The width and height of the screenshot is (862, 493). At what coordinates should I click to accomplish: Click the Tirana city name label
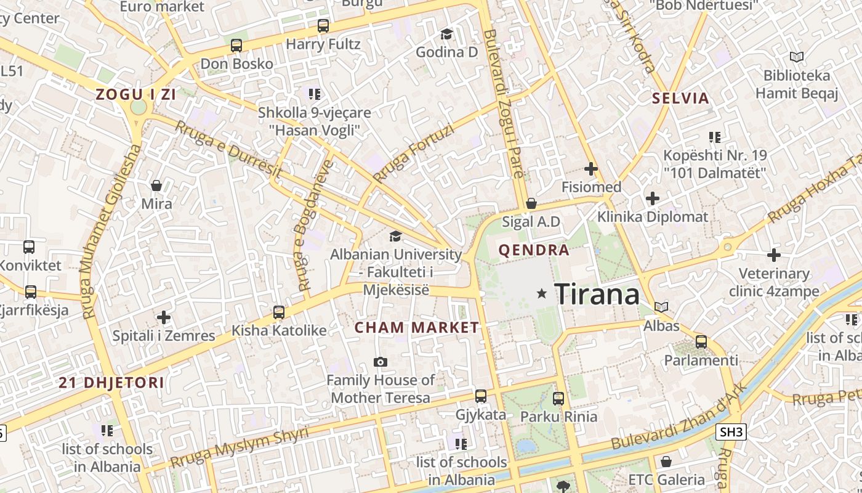click(597, 294)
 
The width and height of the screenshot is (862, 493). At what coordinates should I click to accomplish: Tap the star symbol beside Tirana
click(542, 294)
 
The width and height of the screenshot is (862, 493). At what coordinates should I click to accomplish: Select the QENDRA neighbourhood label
click(534, 250)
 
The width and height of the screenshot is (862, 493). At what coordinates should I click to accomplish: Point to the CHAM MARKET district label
click(417, 327)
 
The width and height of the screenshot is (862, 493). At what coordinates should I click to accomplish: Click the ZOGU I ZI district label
click(135, 94)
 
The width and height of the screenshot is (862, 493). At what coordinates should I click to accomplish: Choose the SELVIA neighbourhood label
click(680, 98)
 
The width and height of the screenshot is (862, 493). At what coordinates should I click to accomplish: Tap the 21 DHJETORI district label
click(111, 383)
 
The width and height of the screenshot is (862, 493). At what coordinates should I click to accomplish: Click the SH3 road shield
click(731, 432)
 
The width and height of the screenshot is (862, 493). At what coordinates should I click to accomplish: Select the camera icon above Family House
click(381, 362)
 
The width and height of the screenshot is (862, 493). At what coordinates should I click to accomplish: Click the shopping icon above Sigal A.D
click(531, 203)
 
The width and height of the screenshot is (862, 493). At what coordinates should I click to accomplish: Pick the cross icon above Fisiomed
click(591, 168)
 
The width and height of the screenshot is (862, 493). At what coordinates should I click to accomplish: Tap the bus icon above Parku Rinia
click(558, 399)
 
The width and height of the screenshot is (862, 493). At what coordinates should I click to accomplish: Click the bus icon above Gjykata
click(481, 396)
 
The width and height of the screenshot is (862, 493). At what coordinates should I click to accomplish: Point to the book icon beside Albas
click(661, 307)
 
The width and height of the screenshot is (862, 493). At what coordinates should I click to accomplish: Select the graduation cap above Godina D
click(446, 34)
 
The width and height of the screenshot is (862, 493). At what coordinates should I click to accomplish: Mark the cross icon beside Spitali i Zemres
click(164, 317)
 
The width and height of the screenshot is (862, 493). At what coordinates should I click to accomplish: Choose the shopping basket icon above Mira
click(156, 185)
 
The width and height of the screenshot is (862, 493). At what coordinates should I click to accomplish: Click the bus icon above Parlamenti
click(701, 341)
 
